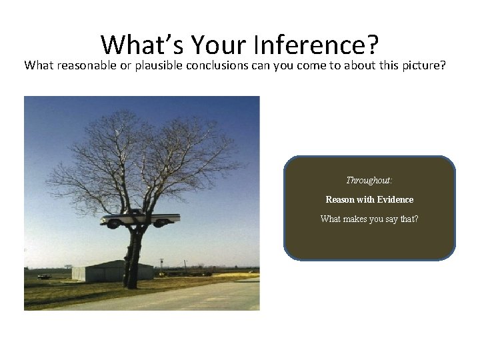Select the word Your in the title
pyautogui.click(x=215, y=45)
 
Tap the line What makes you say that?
pyautogui.click(x=369, y=219)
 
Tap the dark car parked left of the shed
pyautogui.click(x=44, y=275)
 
